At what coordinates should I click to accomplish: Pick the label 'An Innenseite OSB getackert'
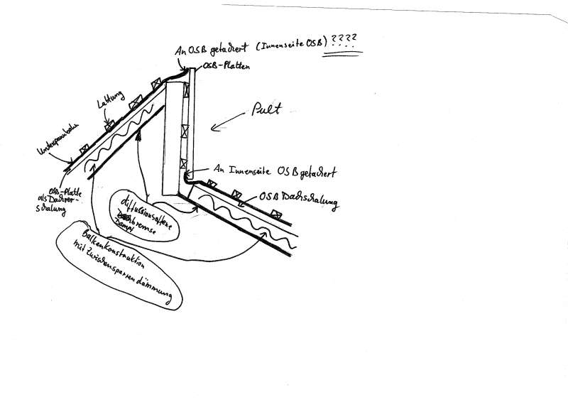[277, 170]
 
